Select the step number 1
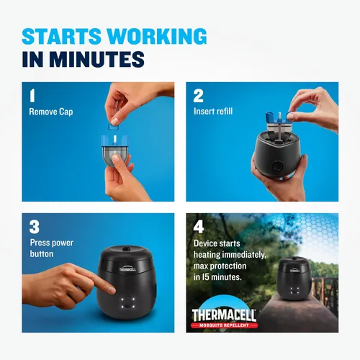pyautogui.click(x=32, y=95)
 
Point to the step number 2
pyautogui.click(x=198, y=95)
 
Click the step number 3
pyautogui.click(x=34, y=225)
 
